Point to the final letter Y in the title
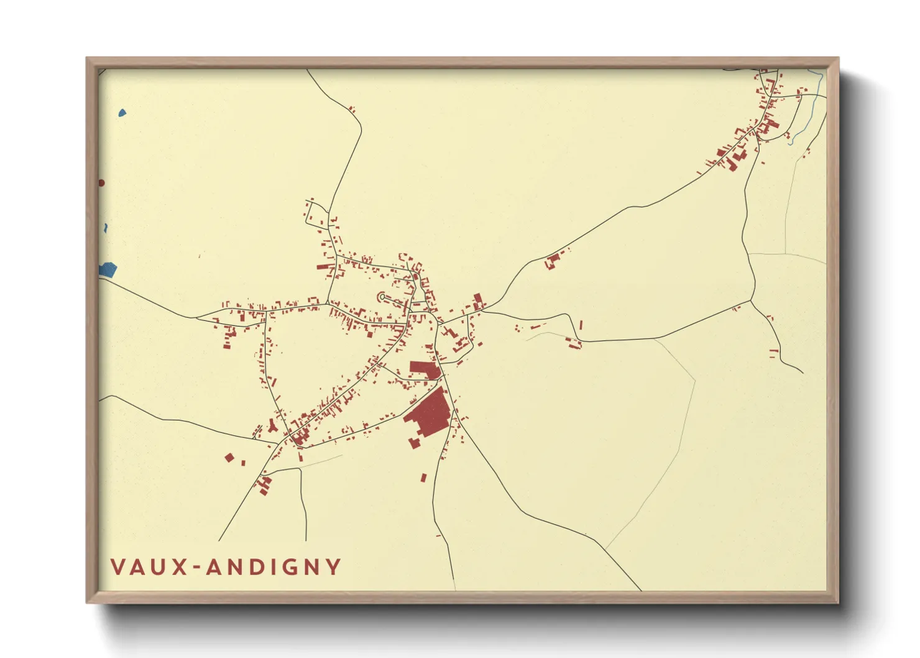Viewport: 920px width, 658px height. [x=334, y=567]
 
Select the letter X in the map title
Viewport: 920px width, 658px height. [x=180, y=567]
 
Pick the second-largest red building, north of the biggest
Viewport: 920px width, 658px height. [x=424, y=369]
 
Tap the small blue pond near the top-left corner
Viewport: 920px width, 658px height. [x=122, y=113]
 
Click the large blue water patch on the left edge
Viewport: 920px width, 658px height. [x=108, y=270]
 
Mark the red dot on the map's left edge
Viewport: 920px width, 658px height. [x=101, y=183]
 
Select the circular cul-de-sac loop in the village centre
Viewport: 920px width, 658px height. [x=382, y=297]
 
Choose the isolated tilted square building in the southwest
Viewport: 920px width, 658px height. [x=229, y=458]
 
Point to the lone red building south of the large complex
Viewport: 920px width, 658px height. [x=424, y=478]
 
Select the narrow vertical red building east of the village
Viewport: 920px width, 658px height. [x=581, y=325]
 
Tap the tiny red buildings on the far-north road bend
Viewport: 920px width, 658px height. [x=352, y=109]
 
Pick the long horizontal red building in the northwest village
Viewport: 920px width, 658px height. [x=323, y=267]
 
